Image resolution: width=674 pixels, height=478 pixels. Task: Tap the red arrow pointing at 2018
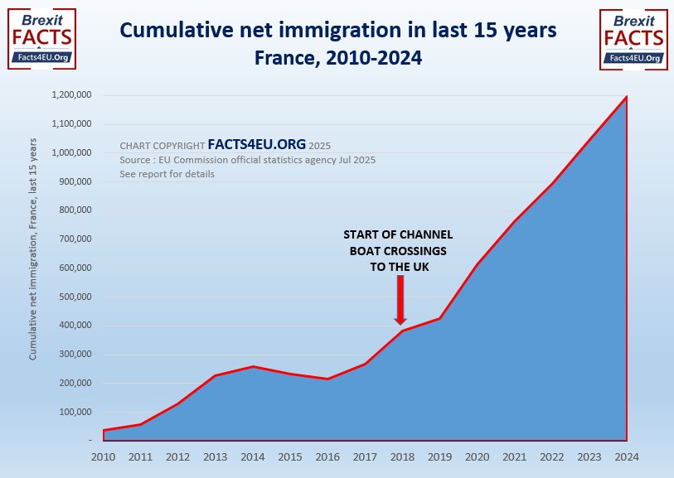400,300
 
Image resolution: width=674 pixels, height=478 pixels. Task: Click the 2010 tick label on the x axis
104,456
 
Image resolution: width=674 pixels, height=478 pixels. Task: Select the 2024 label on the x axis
626,456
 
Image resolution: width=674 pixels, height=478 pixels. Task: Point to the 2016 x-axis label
327,456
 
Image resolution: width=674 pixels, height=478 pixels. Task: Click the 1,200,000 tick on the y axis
70,95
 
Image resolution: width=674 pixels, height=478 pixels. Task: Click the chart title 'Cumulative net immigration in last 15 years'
337,31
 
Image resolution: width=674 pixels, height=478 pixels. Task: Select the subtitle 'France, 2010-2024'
337,58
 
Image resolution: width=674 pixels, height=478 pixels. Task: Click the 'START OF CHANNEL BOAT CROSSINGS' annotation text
400,251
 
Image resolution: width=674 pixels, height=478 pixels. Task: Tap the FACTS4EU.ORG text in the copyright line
256,143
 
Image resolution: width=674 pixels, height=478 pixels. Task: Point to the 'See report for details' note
167,174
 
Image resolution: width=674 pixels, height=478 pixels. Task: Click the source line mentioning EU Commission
247,159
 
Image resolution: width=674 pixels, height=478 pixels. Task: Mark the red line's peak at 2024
626,97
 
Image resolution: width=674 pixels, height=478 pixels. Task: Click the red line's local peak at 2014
253,366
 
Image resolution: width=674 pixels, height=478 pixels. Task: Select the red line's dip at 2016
327,379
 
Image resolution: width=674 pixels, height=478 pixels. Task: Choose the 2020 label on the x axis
477,456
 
